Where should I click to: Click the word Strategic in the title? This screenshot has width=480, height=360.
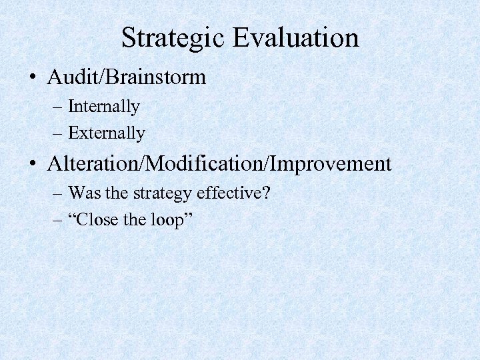pyautogui.click(x=175, y=37)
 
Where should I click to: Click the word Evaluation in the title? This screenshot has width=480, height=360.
pyautogui.click(x=298, y=37)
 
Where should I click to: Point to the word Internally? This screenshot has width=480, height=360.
pyautogui.click(x=104, y=107)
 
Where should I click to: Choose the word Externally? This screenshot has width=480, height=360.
pyautogui.click(x=107, y=133)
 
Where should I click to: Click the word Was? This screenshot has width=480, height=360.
pyautogui.click(x=82, y=193)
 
